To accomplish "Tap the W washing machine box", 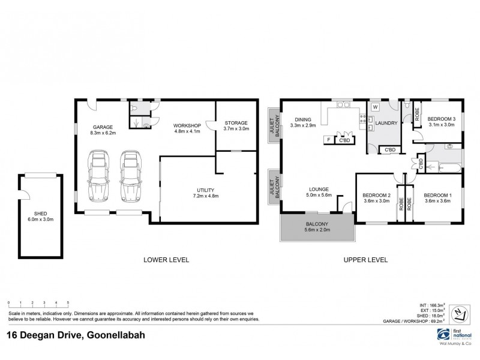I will pos(375,107).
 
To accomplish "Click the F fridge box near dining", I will pos(328,140).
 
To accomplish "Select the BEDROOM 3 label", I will pos(441,122).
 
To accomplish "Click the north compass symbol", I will pos(459,313).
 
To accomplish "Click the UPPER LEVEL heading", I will pos(365,260).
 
